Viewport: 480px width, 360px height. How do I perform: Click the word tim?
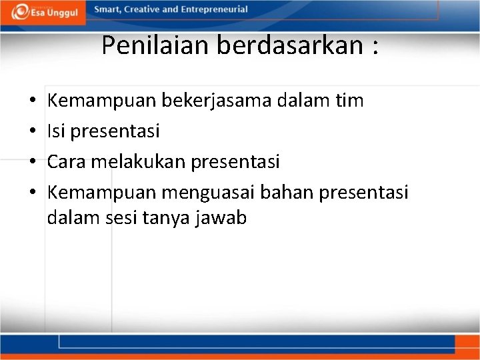point(349,101)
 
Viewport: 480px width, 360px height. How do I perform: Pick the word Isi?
point(56,131)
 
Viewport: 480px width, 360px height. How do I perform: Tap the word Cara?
point(66,162)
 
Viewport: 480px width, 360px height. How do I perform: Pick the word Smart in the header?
point(108,10)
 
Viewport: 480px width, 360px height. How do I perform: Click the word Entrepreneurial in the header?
point(211,10)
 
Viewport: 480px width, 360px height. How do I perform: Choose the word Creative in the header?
point(144,10)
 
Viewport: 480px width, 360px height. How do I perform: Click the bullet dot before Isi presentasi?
point(33,132)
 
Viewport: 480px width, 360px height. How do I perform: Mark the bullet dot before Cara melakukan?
point(33,163)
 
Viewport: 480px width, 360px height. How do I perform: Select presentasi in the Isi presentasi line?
point(115,132)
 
